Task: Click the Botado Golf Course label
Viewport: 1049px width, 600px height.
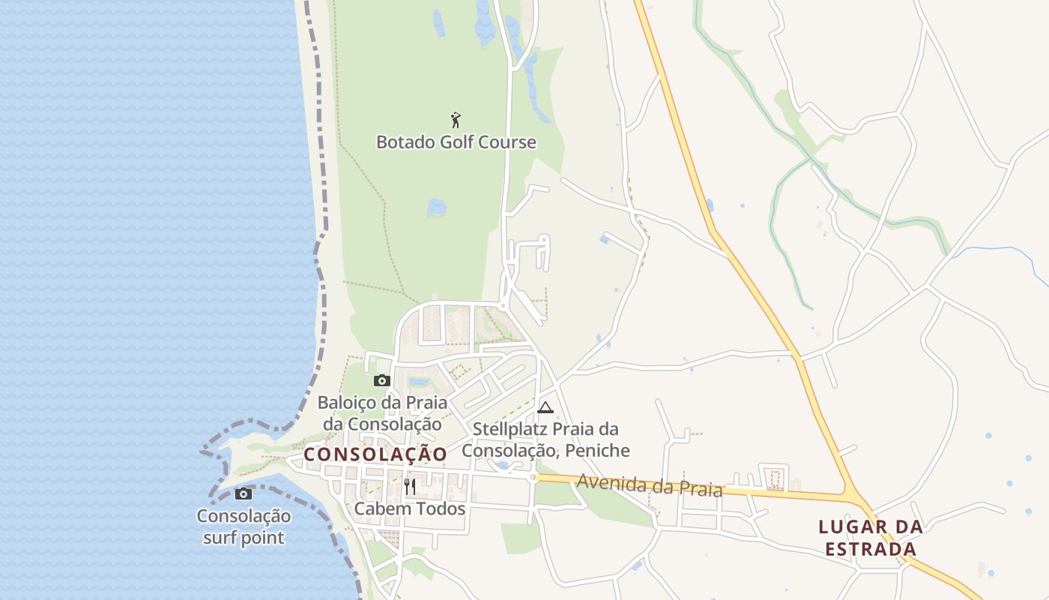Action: point(456,142)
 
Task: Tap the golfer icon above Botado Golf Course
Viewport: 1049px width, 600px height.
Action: point(455,119)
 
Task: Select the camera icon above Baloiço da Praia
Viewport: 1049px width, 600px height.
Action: point(382,381)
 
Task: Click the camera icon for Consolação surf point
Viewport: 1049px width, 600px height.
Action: point(244,493)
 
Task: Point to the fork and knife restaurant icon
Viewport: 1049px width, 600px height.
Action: point(410,487)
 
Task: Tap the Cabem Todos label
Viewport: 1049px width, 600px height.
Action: point(410,508)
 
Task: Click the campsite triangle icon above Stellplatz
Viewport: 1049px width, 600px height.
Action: point(545,407)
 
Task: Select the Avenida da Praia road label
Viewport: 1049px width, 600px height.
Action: point(649,485)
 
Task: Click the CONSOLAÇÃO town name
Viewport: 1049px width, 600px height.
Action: point(375,454)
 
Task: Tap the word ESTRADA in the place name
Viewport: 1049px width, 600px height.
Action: point(871,550)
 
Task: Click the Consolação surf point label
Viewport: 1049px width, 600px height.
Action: point(244,526)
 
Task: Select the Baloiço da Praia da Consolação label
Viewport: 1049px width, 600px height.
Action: point(382,413)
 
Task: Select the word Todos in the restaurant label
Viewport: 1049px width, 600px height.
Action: point(442,508)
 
